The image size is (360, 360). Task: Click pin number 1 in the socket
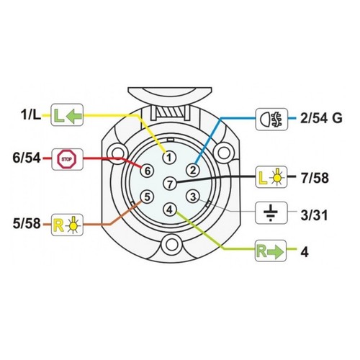coord(169,158)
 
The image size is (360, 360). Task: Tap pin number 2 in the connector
coord(193,171)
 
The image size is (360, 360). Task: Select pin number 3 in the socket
coord(193,197)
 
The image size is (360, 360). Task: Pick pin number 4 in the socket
coord(169,210)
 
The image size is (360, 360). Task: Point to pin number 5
coord(147,197)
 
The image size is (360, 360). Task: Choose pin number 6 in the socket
coord(148,171)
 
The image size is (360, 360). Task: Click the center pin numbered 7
coord(170,184)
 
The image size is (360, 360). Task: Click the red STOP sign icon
coord(67,159)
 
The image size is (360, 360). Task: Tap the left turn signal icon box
coord(67,114)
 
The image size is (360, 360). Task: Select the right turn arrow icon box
coord(271,251)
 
